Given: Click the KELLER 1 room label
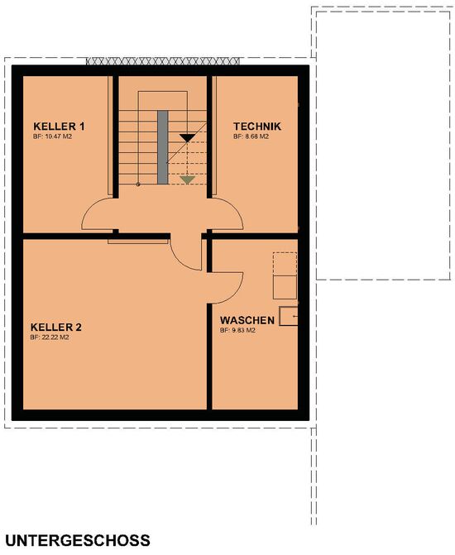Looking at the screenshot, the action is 59,127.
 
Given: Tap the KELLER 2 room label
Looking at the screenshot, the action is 56,327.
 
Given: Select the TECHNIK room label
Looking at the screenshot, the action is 257,127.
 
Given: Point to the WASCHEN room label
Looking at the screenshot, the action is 247,320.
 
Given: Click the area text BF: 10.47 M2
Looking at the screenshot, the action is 52,136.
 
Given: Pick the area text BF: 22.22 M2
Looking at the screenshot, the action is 50,337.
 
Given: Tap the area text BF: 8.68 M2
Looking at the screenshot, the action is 251,136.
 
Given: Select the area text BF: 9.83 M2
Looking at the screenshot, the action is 237,330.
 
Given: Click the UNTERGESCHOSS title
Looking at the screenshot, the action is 78,541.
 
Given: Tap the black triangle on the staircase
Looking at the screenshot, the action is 187,137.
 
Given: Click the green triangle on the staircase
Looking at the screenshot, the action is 187,179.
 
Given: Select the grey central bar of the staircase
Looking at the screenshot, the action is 162,147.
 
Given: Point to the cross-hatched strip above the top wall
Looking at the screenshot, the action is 163,61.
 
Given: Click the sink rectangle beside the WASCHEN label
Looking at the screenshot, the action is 288,316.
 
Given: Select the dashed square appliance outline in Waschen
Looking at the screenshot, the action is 285,264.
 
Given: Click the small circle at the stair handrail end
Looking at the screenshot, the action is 138,184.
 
